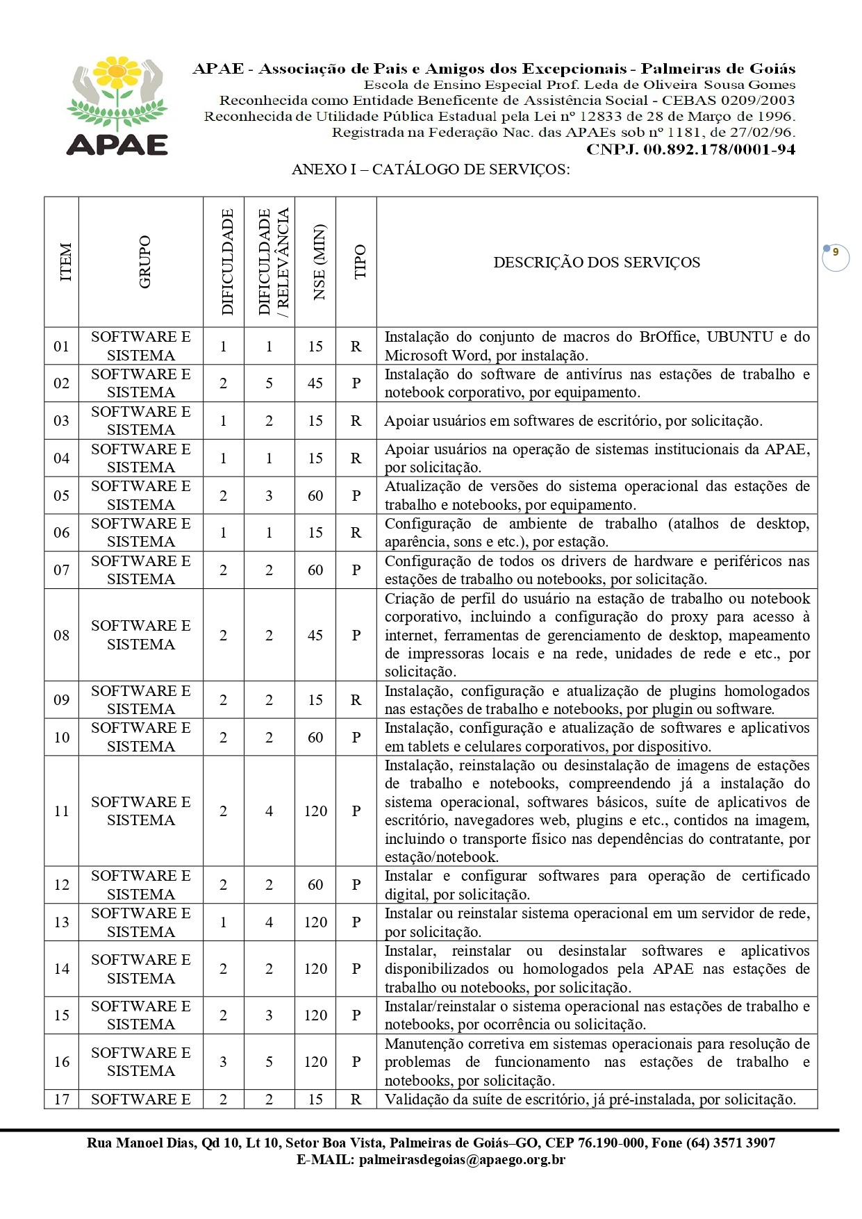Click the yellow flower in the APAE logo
click(x=117, y=72)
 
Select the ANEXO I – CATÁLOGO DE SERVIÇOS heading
click(x=431, y=169)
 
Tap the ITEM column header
click(x=65, y=262)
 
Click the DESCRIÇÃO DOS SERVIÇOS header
click(x=597, y=263)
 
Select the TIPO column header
click(x=360, y=262)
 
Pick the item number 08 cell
click(x=62, y=635)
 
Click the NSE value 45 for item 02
click(x=315, y=383)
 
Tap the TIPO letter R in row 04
click(x=356, y=458)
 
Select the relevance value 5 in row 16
click(x=269, y=1062)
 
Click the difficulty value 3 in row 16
click(x=223, y=1062)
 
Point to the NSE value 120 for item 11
click(x=315, y=811)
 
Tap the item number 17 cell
click(x=62, y=1100)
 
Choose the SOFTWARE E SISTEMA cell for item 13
click(x=140, y=922)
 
